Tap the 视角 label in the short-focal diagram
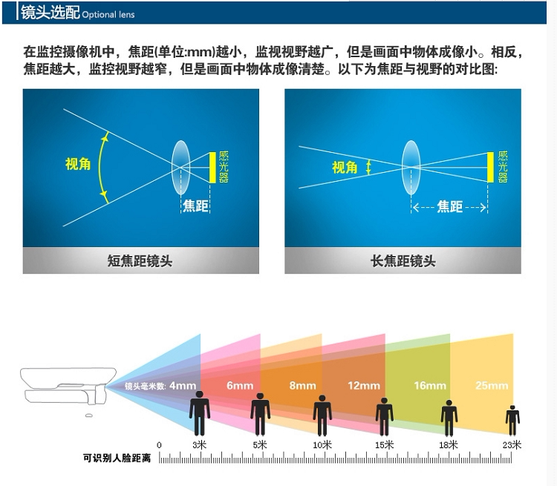click(x=78, y=164)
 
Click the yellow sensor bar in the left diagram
click(x=212, y=168)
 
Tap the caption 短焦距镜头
click(x=140, y=260)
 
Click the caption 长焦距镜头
click(x=403, y=260)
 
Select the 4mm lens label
click(x=183, y=386)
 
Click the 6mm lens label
click(x=240, y=386)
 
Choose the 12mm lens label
click(x=364, y=386)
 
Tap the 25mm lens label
click(x=492, y=386)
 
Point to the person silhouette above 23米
click(x=512, y=419)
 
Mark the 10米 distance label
click(x=322, y=445)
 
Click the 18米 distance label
click(x=449, y=445)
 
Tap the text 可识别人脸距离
click(x=117, y=459)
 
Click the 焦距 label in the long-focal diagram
click(x=449, y=207)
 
